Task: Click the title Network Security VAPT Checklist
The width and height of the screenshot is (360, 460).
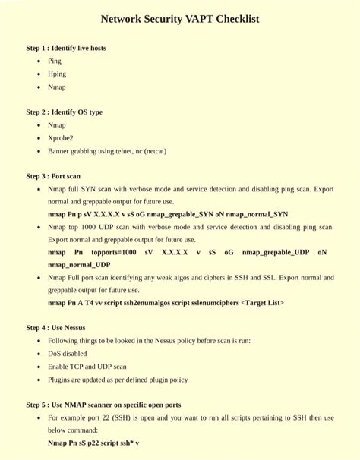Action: point(180,19)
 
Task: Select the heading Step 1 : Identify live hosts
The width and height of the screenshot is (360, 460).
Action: point(66,48)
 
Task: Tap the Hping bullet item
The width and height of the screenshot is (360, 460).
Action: point(57,74)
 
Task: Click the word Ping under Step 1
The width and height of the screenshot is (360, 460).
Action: point(55,61)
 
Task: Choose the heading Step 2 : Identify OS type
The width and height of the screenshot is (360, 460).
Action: point(64,112)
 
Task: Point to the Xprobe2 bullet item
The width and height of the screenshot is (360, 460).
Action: point(61,137)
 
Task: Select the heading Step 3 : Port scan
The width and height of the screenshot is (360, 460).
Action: point(53,175)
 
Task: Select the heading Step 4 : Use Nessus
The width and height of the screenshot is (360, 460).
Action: point(55,328)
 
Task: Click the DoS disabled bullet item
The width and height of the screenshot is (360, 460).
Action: point(67,353)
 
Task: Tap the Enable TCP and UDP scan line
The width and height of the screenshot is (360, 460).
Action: point(87,366)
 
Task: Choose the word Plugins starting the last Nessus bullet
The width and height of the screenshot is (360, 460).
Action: point(58,379)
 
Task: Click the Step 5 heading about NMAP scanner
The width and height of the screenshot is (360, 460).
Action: point(103,404)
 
